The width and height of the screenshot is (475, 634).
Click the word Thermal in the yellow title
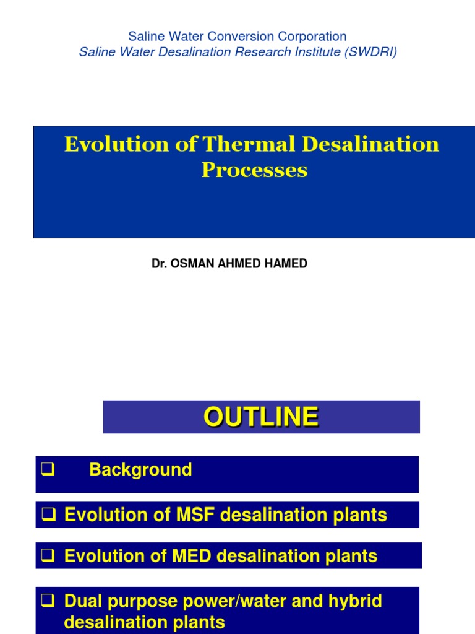pos(250,144)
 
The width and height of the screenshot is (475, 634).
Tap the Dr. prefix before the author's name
pos(158,264)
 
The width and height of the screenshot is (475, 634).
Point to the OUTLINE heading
pos(261,417)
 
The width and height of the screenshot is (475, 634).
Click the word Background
pos(140,470)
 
